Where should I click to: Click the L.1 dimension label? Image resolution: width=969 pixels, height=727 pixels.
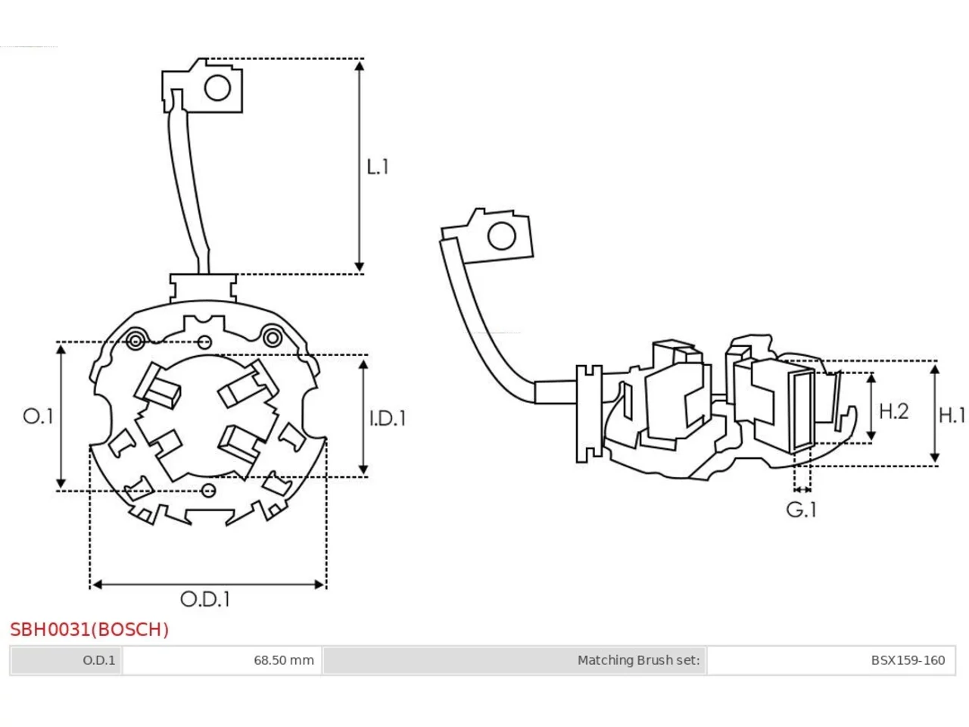coord(378,167)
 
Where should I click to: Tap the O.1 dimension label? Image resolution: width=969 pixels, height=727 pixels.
coord(38,417)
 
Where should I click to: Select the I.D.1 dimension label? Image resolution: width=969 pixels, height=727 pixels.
coord(387,418)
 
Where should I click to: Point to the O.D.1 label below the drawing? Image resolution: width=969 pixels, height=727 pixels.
coord(205,599)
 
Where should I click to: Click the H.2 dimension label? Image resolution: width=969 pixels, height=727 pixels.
coord(893,411)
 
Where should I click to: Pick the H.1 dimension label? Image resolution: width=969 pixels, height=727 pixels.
coord(952,415)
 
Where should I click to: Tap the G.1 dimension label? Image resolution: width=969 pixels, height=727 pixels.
coord(801,510)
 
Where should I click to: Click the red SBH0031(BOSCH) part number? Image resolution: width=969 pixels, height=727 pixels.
coord(89,629)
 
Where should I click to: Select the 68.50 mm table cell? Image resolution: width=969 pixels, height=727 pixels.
coord(222,660)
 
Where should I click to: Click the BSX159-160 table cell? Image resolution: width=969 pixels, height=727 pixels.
coord(830,660)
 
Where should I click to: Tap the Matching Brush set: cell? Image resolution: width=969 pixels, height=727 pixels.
coord(515,660)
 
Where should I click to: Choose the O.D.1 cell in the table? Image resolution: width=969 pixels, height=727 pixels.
coord(66,660)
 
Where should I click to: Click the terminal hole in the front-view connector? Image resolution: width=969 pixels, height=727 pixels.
coord(217,88)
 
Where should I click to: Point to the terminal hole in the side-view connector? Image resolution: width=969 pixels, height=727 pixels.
coord(501,236)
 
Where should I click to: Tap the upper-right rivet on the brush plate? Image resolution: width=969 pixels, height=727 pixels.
coord(273,338)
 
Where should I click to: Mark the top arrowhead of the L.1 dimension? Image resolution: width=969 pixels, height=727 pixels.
coord(360,66)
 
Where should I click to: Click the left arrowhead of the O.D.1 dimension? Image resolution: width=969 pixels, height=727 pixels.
coord(97,585)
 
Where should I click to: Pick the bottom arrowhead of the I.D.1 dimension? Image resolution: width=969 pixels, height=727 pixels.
coord(363,470)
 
